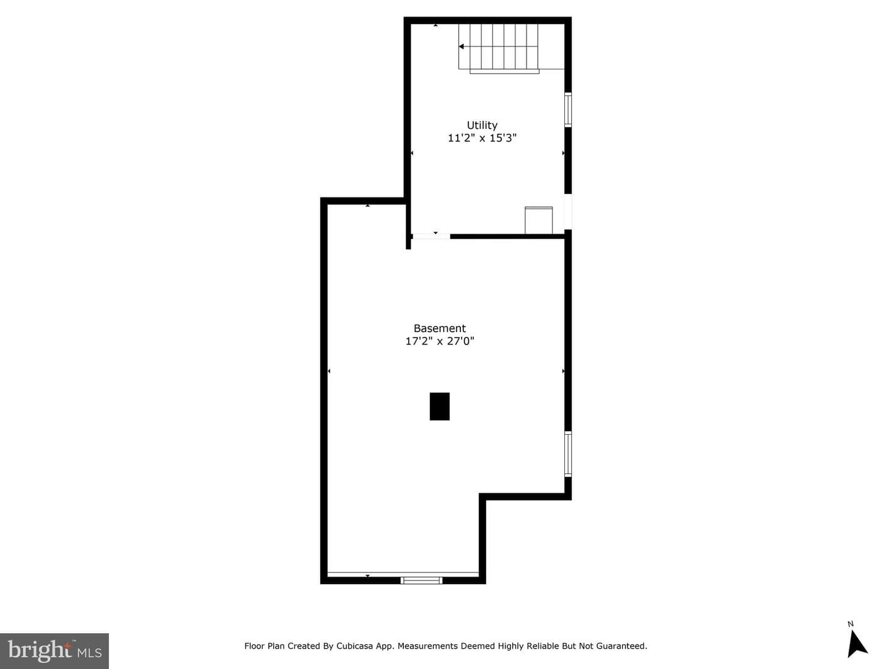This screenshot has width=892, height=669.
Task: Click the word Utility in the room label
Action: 482,126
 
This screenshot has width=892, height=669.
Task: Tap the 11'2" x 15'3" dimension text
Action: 482,138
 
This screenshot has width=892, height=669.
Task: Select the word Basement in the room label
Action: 440,328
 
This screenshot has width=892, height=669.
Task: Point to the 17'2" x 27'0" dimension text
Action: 440,341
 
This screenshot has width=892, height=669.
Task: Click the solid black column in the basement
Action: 440,406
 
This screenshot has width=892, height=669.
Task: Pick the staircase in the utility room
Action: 511,48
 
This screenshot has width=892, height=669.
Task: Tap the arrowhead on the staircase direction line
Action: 461,46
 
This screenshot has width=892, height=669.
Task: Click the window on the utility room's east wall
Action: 568,110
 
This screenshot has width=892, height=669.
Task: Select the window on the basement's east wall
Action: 568,454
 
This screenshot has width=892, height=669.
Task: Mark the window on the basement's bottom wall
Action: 421,580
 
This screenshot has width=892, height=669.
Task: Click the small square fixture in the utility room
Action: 538,220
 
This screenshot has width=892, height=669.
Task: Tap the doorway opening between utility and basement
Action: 431,237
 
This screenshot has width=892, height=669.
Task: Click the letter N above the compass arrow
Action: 850,624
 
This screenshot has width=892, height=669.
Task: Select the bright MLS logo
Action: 55,650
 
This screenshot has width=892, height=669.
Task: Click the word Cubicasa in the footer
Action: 354,646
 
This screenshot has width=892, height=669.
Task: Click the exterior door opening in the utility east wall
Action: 568,212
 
